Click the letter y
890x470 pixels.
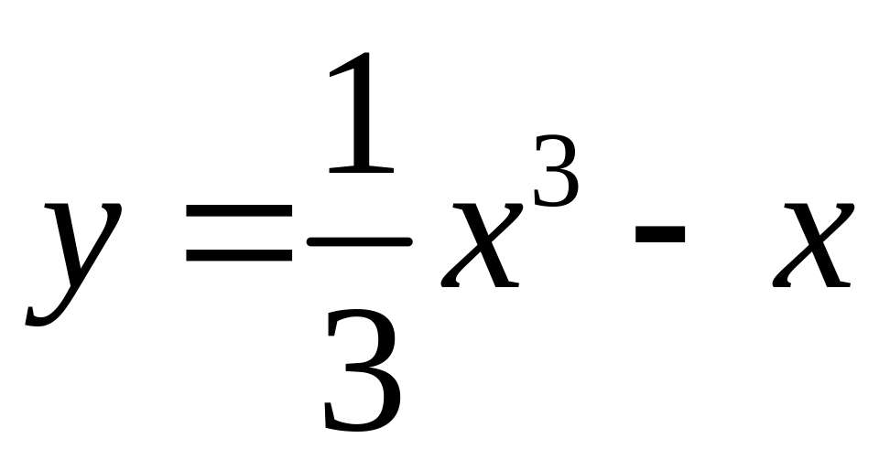click(73, 256)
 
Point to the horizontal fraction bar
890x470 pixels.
click(360, 241)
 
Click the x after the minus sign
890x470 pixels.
click(813, 244)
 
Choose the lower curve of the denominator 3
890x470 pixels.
click(364, 407)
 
